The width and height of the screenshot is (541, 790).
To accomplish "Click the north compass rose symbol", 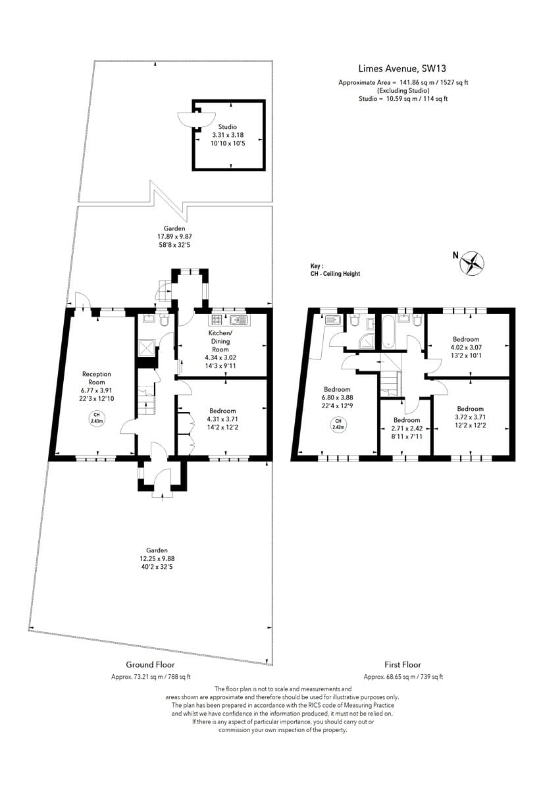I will click(x=471, y=263).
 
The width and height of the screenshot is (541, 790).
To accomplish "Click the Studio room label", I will click(x=228, y=127).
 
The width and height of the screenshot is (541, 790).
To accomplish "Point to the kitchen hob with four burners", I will click(x=217, y=321).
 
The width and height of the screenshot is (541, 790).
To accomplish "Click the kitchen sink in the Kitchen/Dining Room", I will click(x=238, y=321).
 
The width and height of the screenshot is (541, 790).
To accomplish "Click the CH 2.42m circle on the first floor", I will click(x=338, y=423).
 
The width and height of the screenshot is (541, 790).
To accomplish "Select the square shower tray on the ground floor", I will click(x=147, y=347).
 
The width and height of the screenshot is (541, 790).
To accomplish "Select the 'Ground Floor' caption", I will click(x=151, y=665).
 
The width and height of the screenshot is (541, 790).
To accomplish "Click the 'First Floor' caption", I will click(x=402, y=665).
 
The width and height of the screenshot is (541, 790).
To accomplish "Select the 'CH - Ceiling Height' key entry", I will click(x=335, y=274).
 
